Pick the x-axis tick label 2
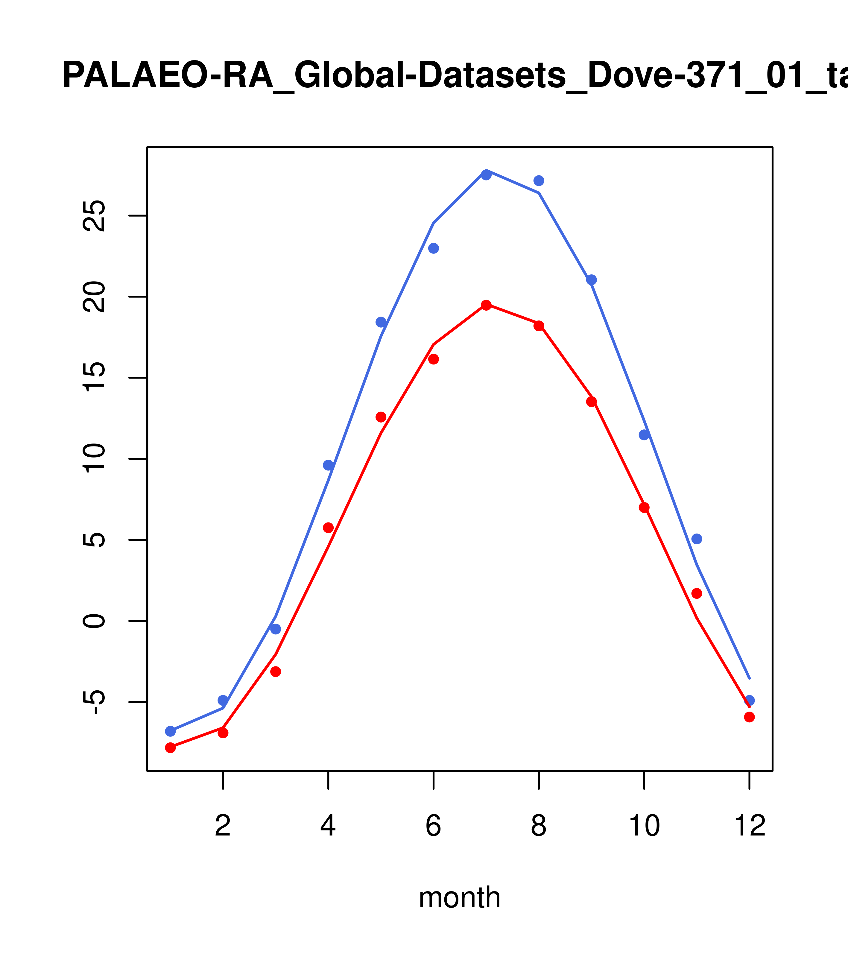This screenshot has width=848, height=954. click(223, 826)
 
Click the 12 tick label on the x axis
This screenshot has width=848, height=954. click(750, 826)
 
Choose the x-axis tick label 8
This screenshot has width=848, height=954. click(539, 826)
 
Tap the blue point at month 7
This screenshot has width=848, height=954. click(486, 175)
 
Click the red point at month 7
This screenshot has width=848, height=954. click(486, 305)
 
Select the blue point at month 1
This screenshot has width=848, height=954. click(170, 731)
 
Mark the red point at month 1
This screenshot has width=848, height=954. click(170, 748)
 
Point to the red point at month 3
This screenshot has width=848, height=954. click(276, 672)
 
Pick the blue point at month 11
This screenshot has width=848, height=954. click(697, 539)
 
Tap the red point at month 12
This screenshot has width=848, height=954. click(750, 717)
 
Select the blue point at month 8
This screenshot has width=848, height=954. click(539, 181)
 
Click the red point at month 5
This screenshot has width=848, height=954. click(381, 417)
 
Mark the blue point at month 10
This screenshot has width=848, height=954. click(644, 435)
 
